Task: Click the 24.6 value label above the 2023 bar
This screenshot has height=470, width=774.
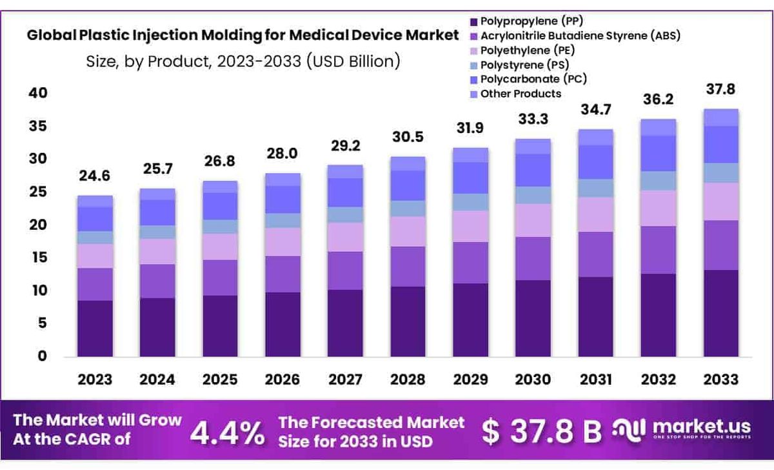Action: click(95, 176)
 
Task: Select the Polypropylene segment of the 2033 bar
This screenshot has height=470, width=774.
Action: click(721, 313)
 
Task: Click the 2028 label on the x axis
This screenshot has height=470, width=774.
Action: click(408, 379)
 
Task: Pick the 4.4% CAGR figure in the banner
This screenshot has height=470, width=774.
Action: click(226, 432)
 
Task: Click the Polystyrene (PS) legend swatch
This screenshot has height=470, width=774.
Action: click(475, 65)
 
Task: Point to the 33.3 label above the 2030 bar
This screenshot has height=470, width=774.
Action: click(533, 119)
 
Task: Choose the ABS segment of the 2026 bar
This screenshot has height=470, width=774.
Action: click(282, 274)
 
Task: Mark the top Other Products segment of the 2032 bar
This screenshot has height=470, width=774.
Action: click(659, 127)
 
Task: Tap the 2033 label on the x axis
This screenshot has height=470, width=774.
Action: click(721, 379)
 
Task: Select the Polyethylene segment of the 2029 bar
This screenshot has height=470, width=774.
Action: click(470, 227)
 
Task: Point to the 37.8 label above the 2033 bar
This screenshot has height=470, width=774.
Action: click(721, 89)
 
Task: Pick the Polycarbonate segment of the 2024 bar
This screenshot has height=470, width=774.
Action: click(157, 212)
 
